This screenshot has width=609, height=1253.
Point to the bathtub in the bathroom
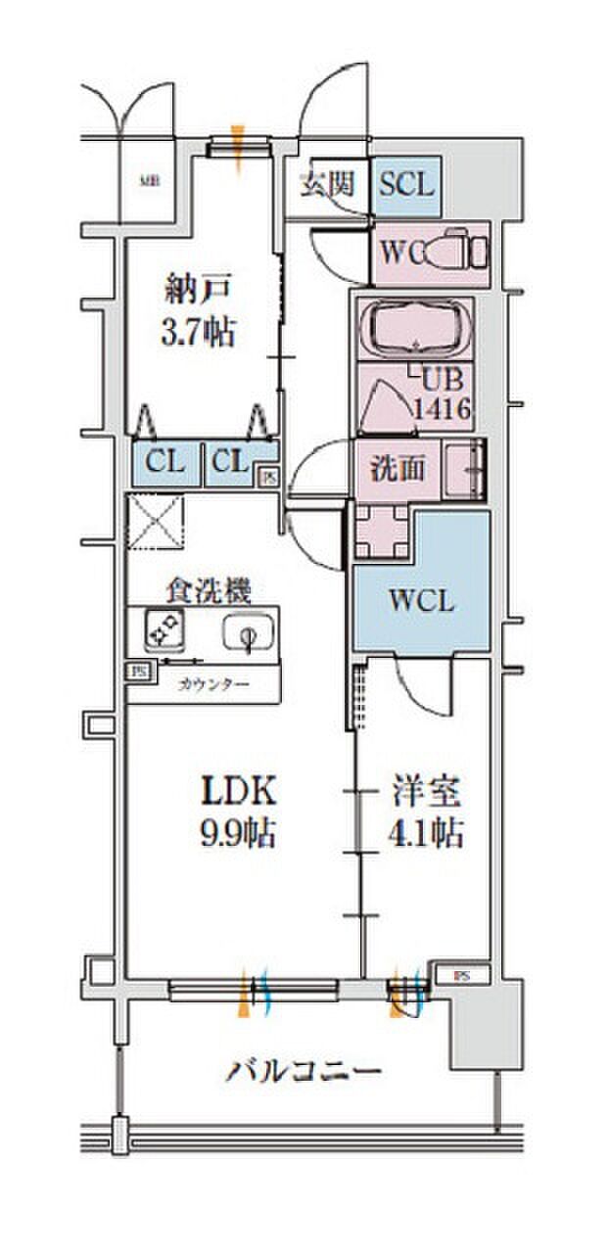(416, 330)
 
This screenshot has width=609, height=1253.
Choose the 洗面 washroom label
(397, 469)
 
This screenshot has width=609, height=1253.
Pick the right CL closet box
(233, 462)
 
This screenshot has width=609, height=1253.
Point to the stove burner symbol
(162, 628)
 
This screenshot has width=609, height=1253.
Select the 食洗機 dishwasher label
(208, 590)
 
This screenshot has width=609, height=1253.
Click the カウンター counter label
(212, 682)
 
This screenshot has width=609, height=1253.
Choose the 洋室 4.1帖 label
(424, 811)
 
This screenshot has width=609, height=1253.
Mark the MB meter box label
(149, 180)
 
